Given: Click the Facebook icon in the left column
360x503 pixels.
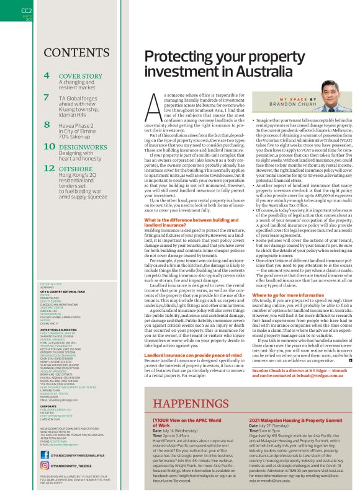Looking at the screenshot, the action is coord(43,454).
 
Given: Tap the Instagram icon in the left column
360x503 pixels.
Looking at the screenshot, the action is coord(43,465).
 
